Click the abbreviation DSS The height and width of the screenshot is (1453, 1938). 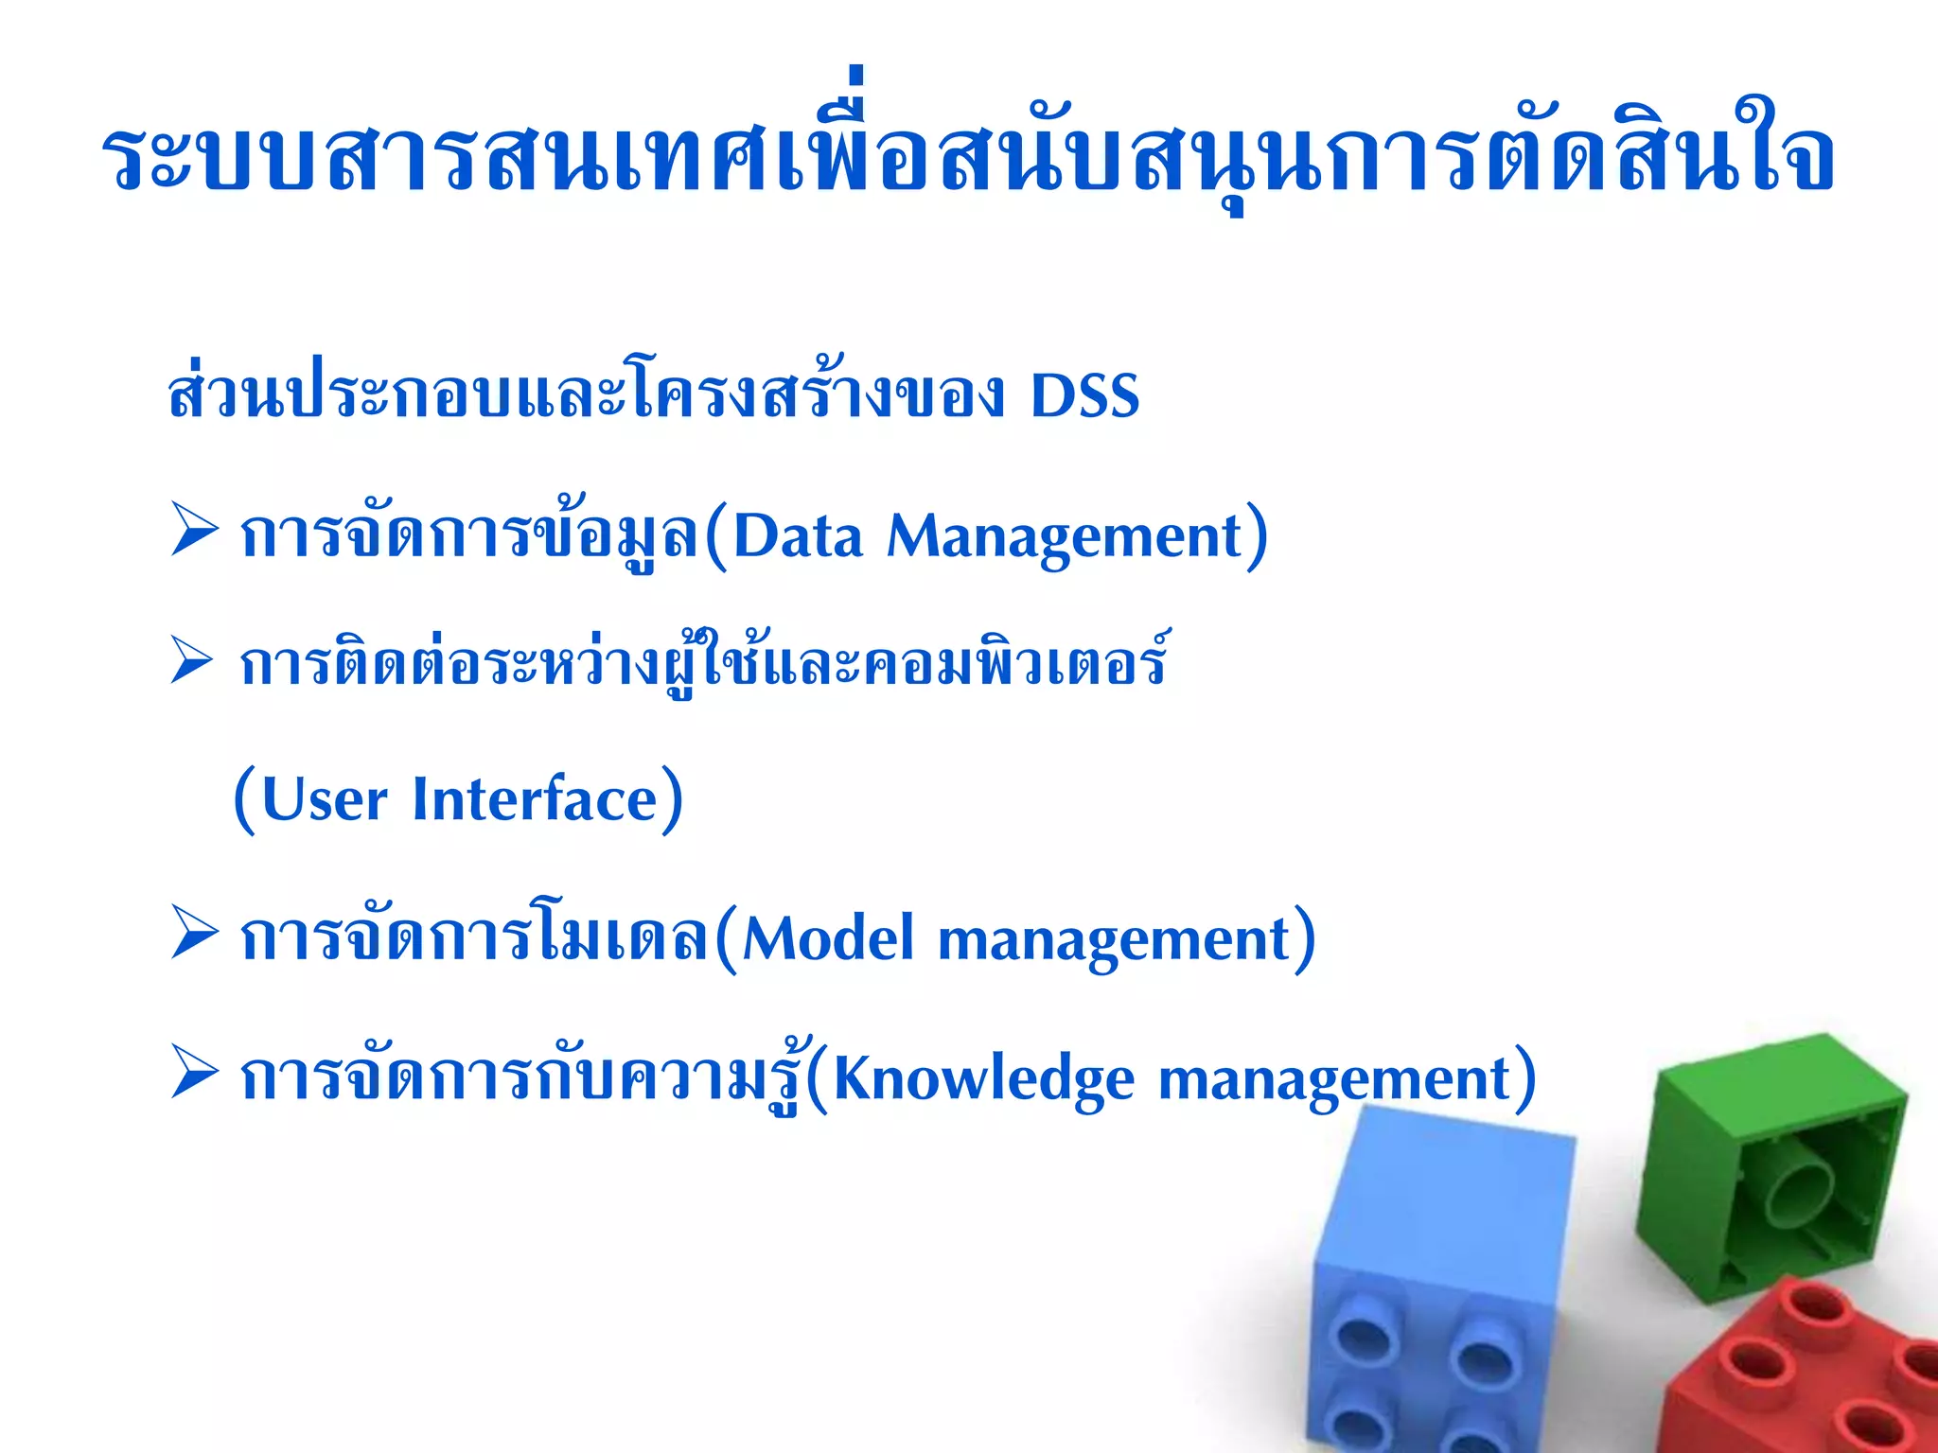[x=1084, y=396]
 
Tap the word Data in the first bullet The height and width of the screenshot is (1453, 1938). [x=798, y=537]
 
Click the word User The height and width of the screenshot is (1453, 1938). [x=324, y=800]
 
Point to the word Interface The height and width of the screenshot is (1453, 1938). [x=535, y=800]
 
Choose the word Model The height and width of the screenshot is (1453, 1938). [x=828, y=940]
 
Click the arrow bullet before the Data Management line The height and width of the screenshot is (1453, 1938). [x=194, y=531]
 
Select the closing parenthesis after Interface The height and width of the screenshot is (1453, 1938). [x=671, y=800]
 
